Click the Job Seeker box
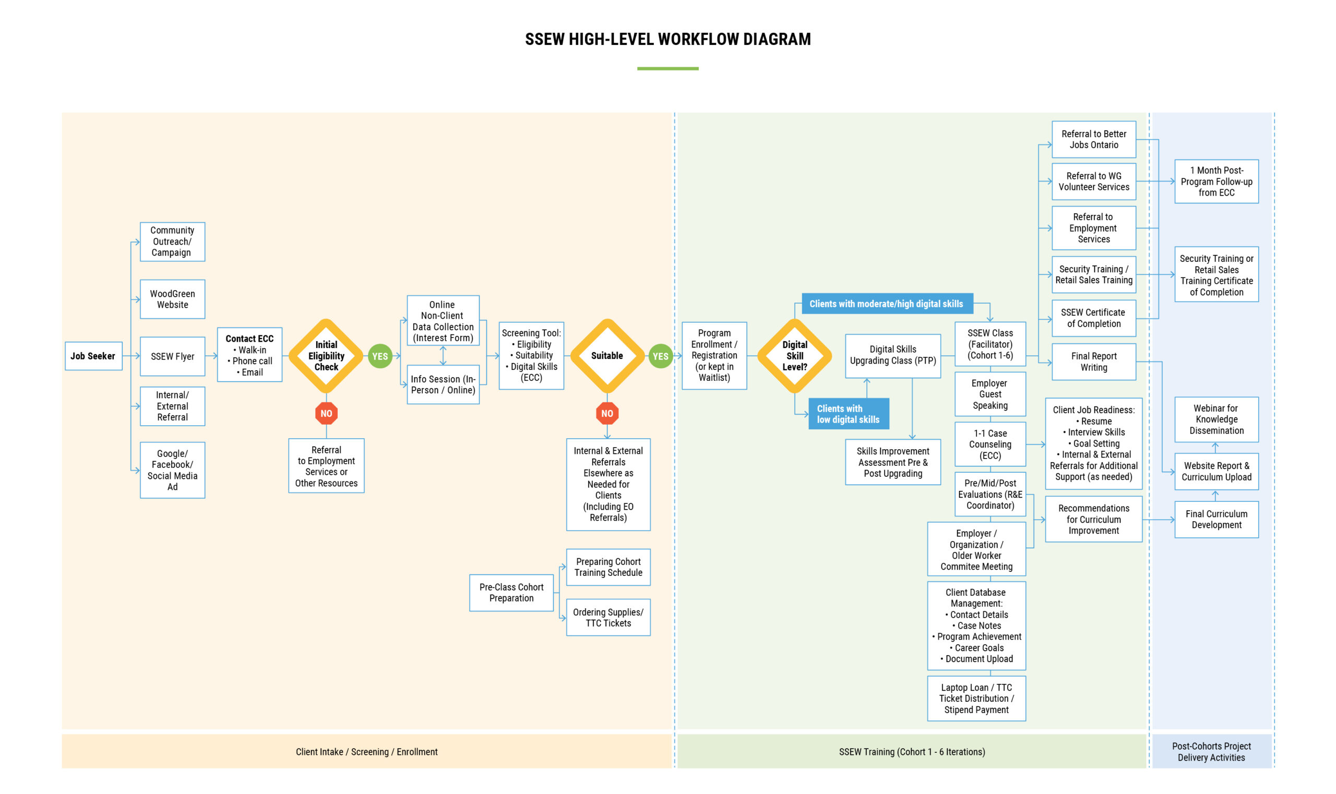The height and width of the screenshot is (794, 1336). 93,356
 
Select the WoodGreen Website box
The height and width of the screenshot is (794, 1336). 172,299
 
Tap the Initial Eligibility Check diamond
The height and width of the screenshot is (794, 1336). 326,356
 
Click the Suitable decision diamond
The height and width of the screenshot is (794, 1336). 607,356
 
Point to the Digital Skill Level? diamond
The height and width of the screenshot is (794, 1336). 794,356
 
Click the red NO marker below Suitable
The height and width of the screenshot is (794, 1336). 607,413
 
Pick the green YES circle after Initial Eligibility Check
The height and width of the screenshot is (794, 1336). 380,356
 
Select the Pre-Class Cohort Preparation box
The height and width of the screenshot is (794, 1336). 511,593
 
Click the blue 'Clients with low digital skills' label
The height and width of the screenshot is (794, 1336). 849,414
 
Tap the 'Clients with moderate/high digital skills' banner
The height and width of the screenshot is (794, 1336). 887,304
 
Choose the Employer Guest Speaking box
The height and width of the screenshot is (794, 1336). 990,394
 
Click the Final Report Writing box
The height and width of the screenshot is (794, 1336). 1093,362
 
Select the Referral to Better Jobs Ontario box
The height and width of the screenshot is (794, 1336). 1093,139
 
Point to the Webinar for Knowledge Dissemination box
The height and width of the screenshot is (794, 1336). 1216,419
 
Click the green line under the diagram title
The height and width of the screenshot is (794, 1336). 667,68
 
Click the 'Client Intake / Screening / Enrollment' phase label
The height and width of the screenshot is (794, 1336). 367,752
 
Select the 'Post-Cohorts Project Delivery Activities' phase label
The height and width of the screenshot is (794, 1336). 1211,752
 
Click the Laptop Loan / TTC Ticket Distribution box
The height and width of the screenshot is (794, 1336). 976,699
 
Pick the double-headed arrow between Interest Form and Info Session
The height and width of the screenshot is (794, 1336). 443,355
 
